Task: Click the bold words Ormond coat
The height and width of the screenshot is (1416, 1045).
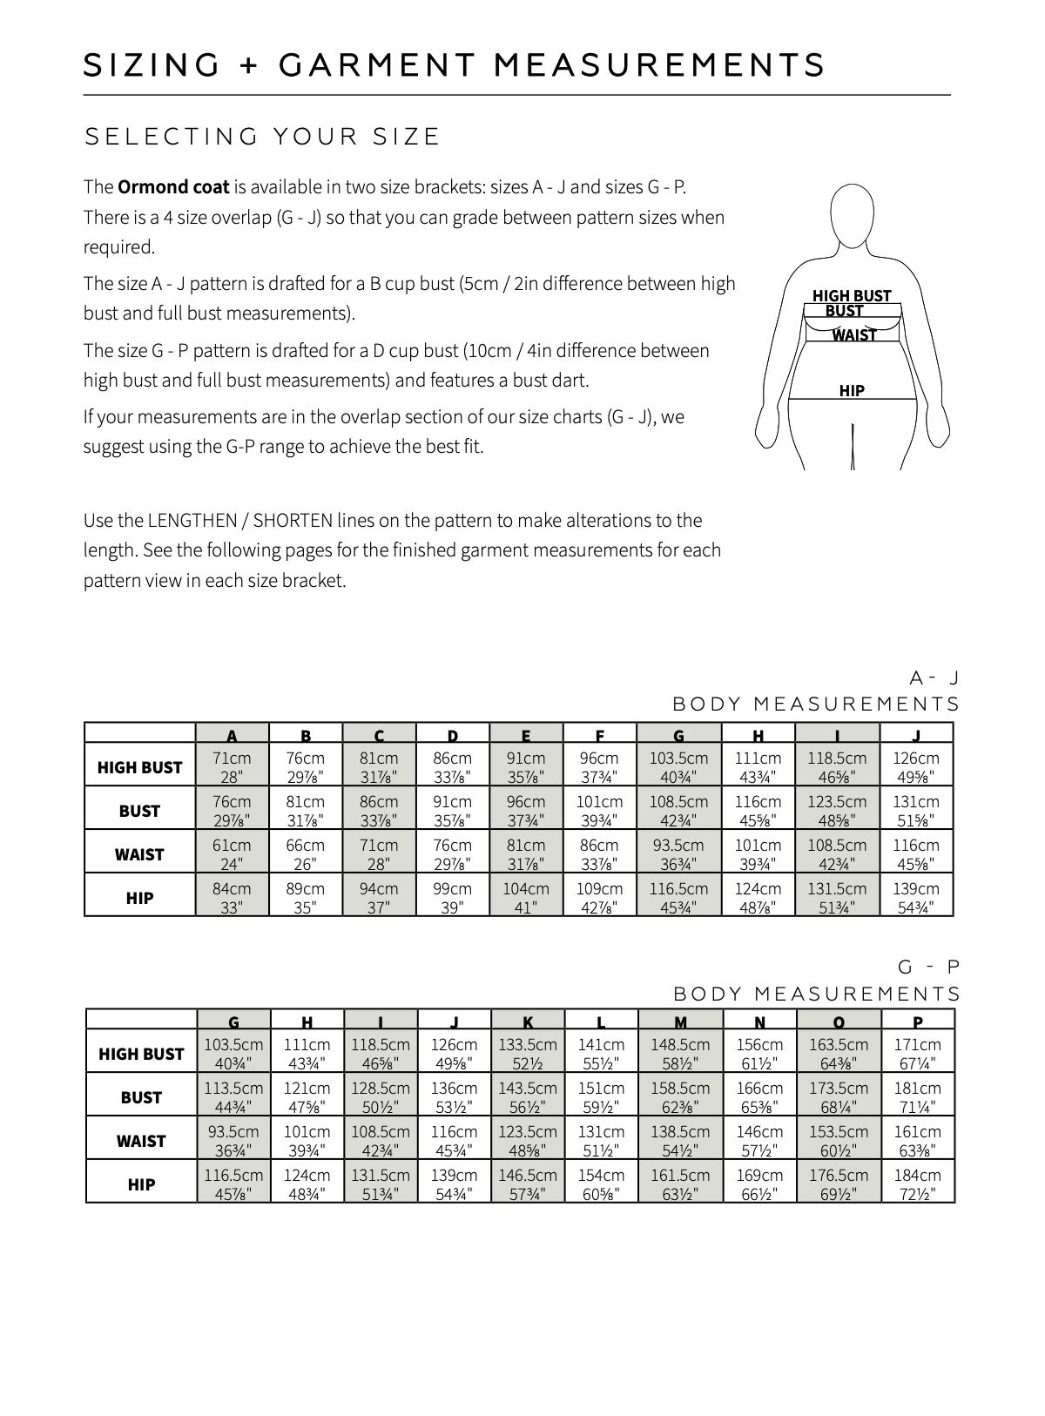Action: tap(173, 187)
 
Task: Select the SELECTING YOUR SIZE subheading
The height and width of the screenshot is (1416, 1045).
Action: tap(262, 137)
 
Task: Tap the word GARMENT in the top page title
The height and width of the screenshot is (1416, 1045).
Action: tap(378, 65)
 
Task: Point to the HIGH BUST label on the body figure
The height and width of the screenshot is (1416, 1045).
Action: tap(851, 296)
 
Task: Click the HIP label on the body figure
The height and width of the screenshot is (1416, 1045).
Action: tap(852, 391)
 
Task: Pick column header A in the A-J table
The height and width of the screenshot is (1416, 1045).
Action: tap(232, 734)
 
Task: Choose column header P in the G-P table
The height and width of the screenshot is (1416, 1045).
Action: tap(918, 1022)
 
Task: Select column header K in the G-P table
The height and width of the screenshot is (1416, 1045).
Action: tap(528, 1022)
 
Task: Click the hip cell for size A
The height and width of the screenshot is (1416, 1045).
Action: tap(232, 897)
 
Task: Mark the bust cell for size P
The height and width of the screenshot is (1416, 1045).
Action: tap(918, 1096)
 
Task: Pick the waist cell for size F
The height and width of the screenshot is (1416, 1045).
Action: tap(599, 853)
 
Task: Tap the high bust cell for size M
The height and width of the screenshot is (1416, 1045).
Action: tap(680, 1053)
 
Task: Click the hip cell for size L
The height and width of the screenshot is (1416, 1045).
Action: tap(601, 1183)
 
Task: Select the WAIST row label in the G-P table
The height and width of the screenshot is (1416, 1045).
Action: tap(141, 1141)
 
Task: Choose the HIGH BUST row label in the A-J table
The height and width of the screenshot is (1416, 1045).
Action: tap(139, 767)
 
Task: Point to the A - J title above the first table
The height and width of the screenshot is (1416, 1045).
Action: tap(934, 678)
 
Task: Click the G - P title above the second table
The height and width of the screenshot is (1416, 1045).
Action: tap(928, 967)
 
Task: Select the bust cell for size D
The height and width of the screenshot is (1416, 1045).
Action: tap(452, 810)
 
